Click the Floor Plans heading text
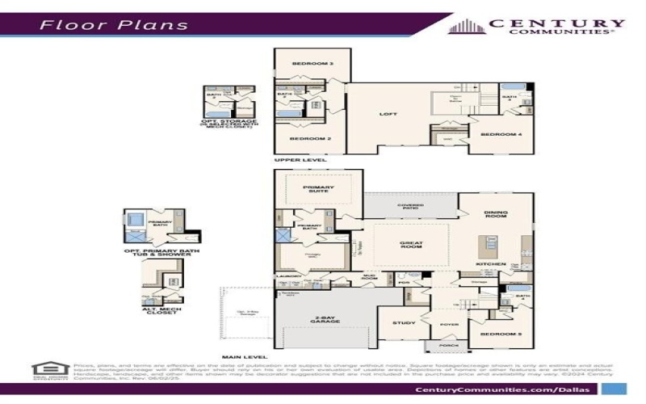tap(114, 23)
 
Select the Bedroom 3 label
tap(312, 63)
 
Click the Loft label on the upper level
tap(390, 114)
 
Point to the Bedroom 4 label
tap(495, 134)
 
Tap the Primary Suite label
tap(319, 189)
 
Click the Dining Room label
tap(496, 215)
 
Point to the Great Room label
tap(411, 244)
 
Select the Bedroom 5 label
tap(495, 333)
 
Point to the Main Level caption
tap(246, 356)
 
